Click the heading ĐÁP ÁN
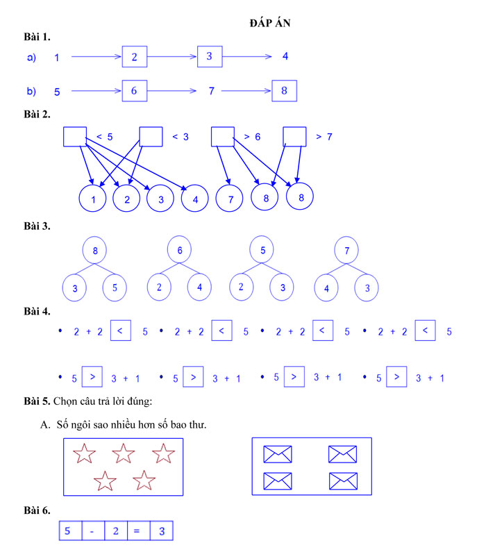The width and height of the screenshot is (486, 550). click(270, 23)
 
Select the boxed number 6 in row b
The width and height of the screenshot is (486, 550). click(134, 91)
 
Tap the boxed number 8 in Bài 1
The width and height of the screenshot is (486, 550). click(284, 91)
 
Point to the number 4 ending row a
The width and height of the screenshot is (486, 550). click(285, 56)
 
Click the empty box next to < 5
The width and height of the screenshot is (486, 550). click(75, 137)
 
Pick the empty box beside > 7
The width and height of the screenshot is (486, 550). click(295, 137)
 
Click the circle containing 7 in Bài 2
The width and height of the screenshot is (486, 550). click(230, 199)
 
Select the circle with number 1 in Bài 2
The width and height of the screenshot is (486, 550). click(93, 199)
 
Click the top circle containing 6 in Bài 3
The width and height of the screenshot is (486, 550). click(180, 251)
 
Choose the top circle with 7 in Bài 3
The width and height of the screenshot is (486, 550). click(346, 251)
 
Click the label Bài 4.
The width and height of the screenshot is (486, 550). click(36, 312)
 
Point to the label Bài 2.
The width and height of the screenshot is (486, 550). click(36, 113)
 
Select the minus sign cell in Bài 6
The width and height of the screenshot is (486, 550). click(92, 531)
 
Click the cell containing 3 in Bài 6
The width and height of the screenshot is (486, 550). click(161, 531)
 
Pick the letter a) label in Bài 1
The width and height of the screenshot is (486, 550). click(31, 58)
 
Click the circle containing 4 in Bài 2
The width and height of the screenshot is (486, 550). click(195, 199)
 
